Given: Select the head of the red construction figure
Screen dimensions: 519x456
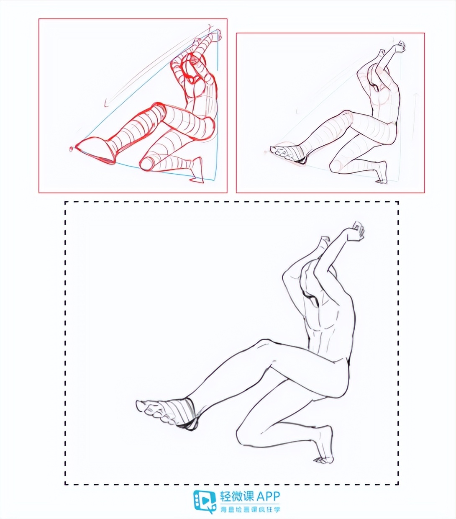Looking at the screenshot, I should click(x=193, y=61).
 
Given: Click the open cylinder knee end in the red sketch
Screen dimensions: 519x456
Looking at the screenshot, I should click(x=147, y=163).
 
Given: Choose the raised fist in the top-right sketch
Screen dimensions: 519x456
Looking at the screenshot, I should click(x=401, y=46).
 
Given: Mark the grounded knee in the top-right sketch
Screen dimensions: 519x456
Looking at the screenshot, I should click(x=335, y=167).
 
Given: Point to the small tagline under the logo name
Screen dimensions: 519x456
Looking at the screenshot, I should click(x=250, y=509).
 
